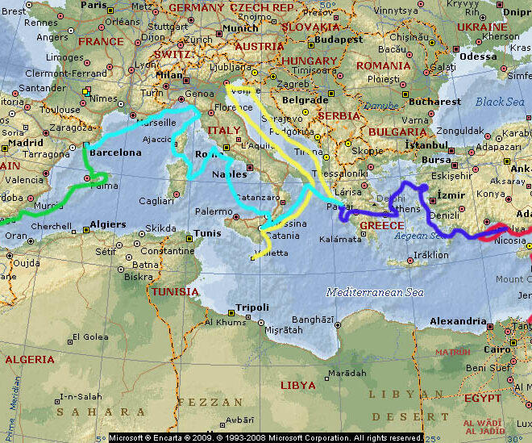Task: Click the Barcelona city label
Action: [x=114, y=152]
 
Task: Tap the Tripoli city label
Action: [x=252, y=307]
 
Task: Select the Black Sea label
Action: [x=499, y=102]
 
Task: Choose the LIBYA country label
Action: [x=298, y=385]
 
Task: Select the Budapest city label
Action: [x=340, y=38]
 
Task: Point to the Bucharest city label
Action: [x=434, y=102]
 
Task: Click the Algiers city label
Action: [x=106, y=224]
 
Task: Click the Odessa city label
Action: [x=479, y=56]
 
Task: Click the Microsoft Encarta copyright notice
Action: [x=265, y=437]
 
